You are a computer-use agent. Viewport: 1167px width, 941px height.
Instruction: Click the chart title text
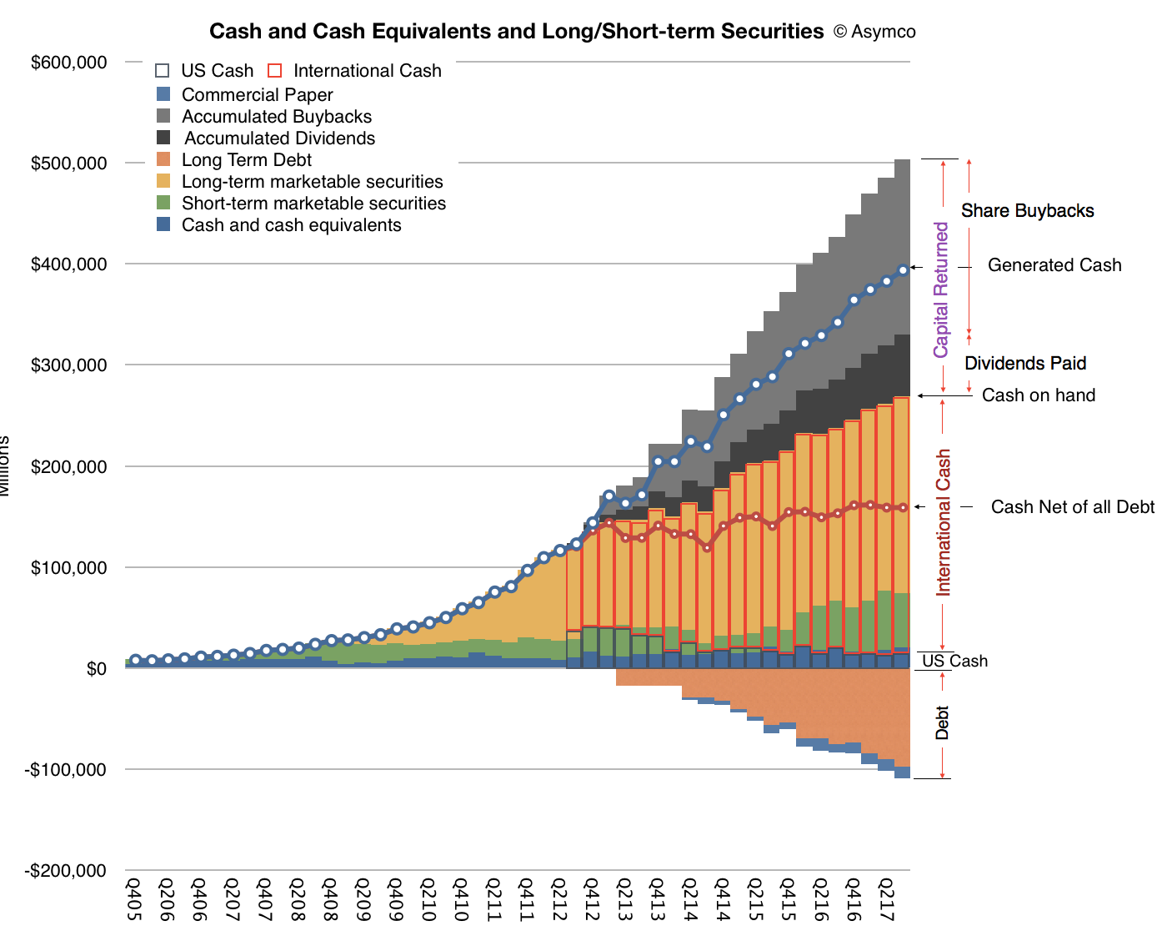point(516,32)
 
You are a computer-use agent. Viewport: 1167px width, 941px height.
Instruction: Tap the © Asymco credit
point(874,33)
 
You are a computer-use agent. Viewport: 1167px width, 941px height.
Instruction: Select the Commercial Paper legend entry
point(257,95)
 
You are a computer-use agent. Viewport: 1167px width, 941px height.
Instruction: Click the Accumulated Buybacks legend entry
point(276,117)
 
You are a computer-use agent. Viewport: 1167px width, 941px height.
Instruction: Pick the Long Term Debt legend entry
point(246,160)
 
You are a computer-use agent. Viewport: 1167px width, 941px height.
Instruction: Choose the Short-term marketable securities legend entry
point(313,204)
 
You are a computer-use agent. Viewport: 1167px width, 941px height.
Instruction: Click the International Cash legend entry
point(367,71)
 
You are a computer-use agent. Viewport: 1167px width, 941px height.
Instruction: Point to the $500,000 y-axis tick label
point(69,164)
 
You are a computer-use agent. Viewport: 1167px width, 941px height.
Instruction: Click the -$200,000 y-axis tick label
point(66,871)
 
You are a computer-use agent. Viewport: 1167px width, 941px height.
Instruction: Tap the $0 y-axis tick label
point(97,669)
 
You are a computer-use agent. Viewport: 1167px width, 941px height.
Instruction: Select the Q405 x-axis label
point(133,898)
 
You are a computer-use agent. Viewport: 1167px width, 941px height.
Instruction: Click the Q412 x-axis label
point(591,898)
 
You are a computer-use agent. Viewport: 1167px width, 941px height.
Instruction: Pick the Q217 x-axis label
point(886,898)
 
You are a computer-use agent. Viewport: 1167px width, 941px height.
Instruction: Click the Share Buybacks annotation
point(1027,211)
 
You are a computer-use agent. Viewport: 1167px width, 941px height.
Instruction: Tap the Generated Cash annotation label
point(1054,265)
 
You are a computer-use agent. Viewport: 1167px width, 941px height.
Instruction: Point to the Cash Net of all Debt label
point(1073,507)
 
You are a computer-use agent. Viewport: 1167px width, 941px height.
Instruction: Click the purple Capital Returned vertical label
point(941,290)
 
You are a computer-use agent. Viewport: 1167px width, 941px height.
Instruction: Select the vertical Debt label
point(942,722)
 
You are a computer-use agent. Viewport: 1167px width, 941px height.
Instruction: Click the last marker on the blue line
point(903,270)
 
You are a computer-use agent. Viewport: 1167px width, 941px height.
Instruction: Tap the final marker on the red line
point(903,507)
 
